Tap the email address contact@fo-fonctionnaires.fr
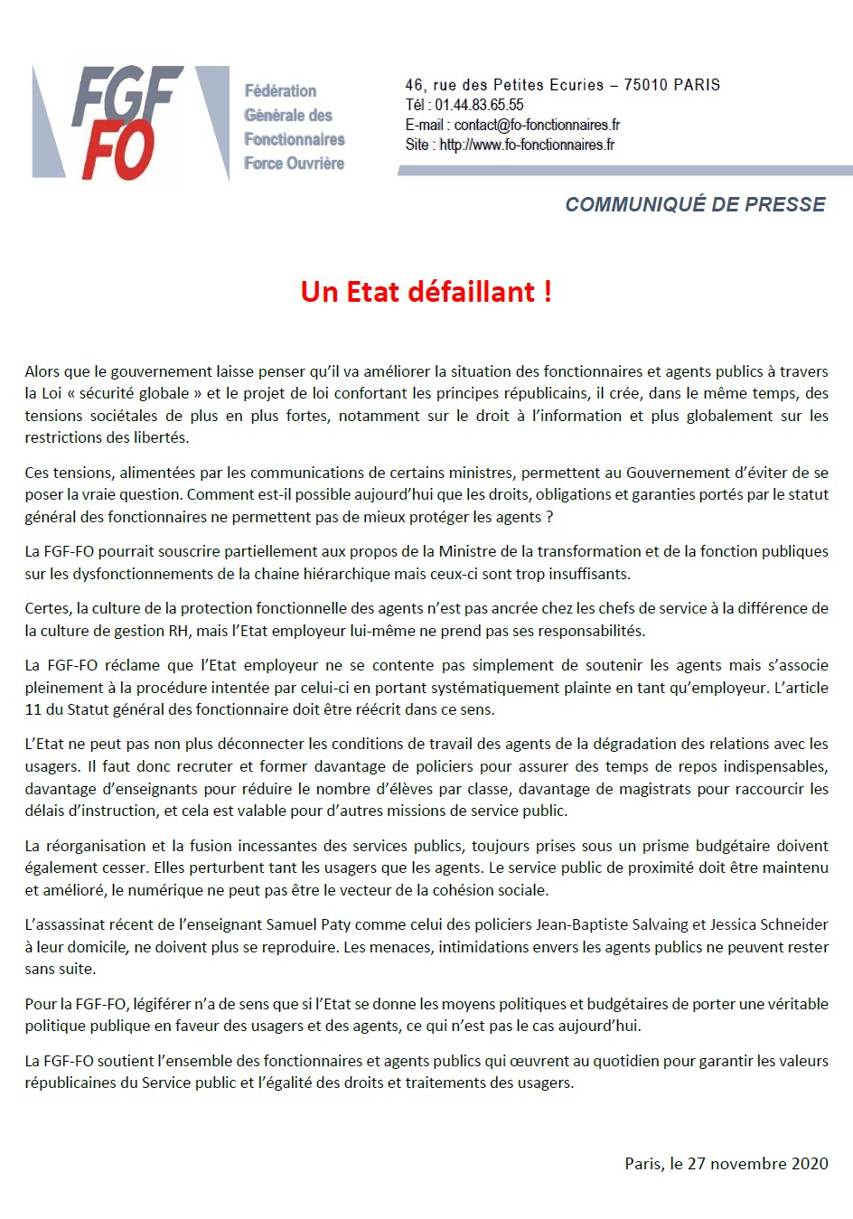tap(537, 125)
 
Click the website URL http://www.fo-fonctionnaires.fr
tap(527, 145)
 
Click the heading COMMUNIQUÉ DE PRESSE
tap(695, 204)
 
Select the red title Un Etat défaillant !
tap(426, 292)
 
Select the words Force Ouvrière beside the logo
tap(294, 164)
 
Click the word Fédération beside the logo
tap(280, 91)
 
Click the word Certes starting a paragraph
tap(47, 608)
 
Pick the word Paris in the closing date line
tap(642, 1163)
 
